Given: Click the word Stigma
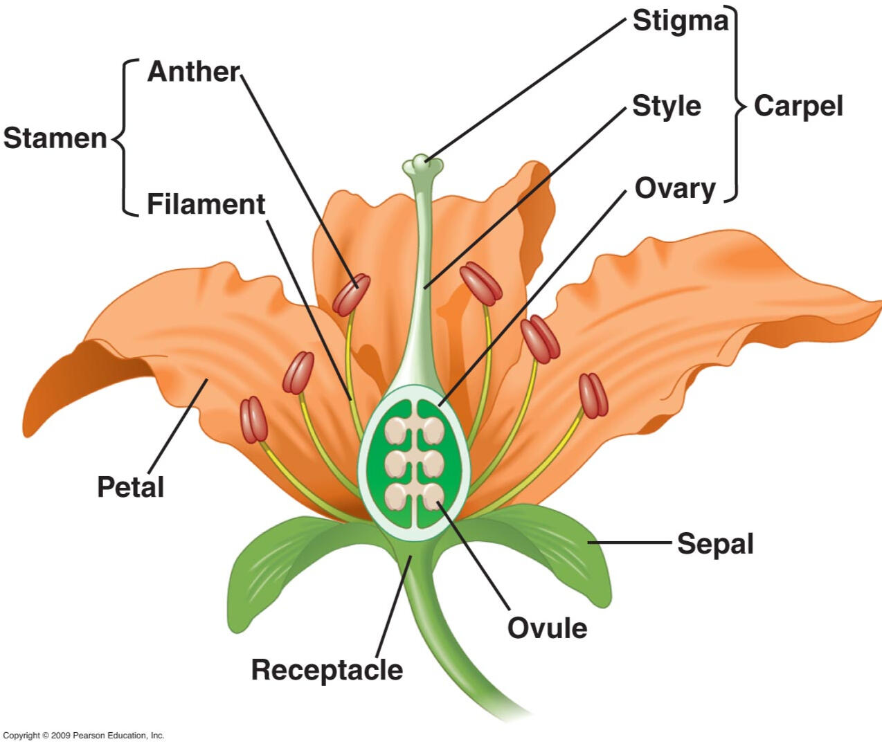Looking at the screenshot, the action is pyautogui.click(x=680, y=21).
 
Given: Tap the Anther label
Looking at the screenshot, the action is pyautogui.click(x=193, y=71).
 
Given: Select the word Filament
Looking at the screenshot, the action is pyautogui.click(x=206, y=204).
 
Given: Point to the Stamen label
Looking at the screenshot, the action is pyautogui.click(x=55, y=138).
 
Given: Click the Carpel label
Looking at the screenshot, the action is pyautogui.click(x=798, y=106).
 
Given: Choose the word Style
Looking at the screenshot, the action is pyautogui.click(x=667, y=106).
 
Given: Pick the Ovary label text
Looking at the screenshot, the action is pyautogui.click(x=674, y=189).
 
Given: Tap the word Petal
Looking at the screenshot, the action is pyautogui.click(x=131, y=486).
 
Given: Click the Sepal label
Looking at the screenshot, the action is pyautogui.click(x=716, y=545).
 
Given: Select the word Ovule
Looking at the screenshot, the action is pyautogui.click(x=548, y=628).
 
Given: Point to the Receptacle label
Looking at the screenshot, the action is pyautogui.click(x=327, y=671).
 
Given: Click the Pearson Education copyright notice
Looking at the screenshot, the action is pyautogui.click(x=84, y=736).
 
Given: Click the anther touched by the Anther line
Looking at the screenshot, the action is pyautogui.click(x=351, y=294).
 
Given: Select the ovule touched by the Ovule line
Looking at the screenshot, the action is pyautogui.click(x=433, y=498).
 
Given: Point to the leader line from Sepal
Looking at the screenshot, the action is pyautogui.click(x=629, y=543).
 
